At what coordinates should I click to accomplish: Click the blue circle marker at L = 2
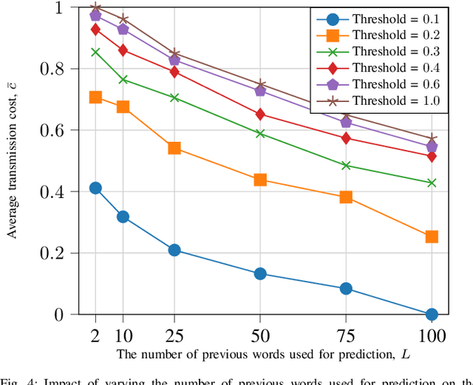point(95,188)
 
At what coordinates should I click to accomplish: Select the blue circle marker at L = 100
point(432,314)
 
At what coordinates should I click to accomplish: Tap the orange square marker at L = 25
point(174,148)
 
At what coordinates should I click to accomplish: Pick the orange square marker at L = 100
point(432,236)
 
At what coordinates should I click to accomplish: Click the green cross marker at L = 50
point(260,134)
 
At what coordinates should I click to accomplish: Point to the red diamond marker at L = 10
point(123,50)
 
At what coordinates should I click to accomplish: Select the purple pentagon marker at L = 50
point(260,90)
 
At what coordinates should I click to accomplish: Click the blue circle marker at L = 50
point(260,273)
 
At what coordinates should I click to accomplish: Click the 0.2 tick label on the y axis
point(61,253)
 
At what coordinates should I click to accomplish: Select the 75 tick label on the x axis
point(346,335)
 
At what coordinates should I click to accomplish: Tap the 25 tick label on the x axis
point(174,335)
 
